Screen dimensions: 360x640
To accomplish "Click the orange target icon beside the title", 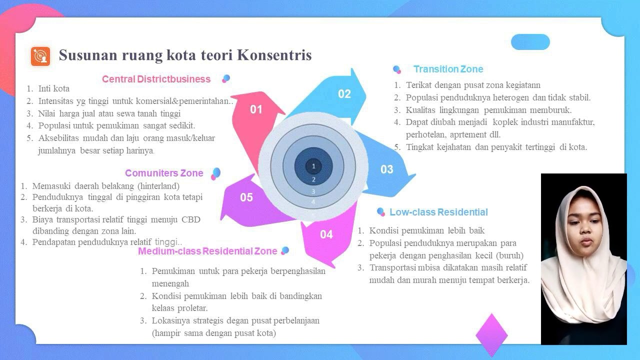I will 40,56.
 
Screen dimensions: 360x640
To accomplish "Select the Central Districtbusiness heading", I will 156,79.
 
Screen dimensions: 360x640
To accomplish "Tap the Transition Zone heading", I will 448,69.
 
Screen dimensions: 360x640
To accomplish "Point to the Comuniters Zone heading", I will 164,173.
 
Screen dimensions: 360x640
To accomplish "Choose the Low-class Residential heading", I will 438,212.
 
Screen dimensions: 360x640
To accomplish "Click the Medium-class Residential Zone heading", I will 207,251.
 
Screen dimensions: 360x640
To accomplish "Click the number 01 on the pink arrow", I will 256,109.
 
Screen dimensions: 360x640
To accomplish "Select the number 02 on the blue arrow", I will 344,94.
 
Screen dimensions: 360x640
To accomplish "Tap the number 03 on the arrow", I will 386,169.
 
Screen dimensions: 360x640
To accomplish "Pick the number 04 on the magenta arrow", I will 326,234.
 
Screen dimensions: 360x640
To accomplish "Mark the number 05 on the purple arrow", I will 246,197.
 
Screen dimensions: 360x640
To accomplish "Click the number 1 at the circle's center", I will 313,166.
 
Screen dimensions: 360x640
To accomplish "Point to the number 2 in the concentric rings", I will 313,179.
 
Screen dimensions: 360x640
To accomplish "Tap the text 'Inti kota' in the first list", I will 53,88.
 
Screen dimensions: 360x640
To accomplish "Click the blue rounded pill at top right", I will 530,42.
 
